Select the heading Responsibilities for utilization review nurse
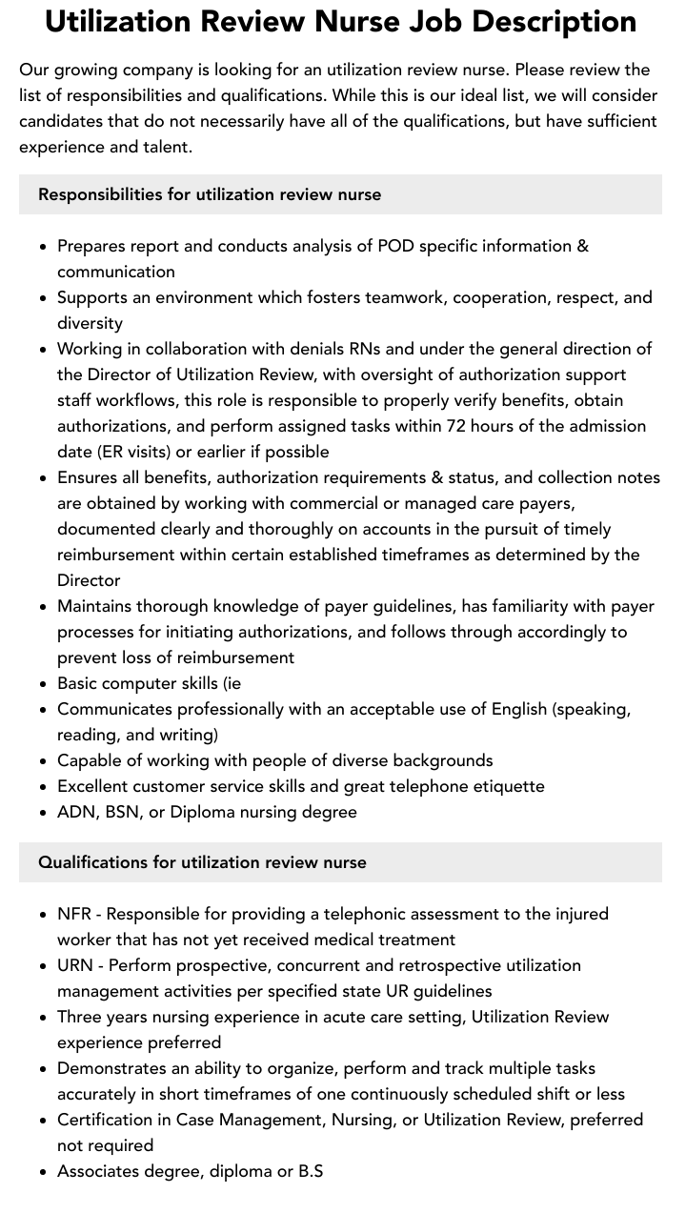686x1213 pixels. point(210,194)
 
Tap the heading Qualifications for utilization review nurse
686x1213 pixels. point(202,862)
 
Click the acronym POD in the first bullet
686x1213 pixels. point(395,246)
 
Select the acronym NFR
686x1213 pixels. point(74,914)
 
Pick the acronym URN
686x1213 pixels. point(75,965)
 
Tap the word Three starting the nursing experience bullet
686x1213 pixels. point(80,1017)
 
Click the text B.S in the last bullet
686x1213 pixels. point(311,1171)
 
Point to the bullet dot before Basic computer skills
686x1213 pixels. point(43,683)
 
